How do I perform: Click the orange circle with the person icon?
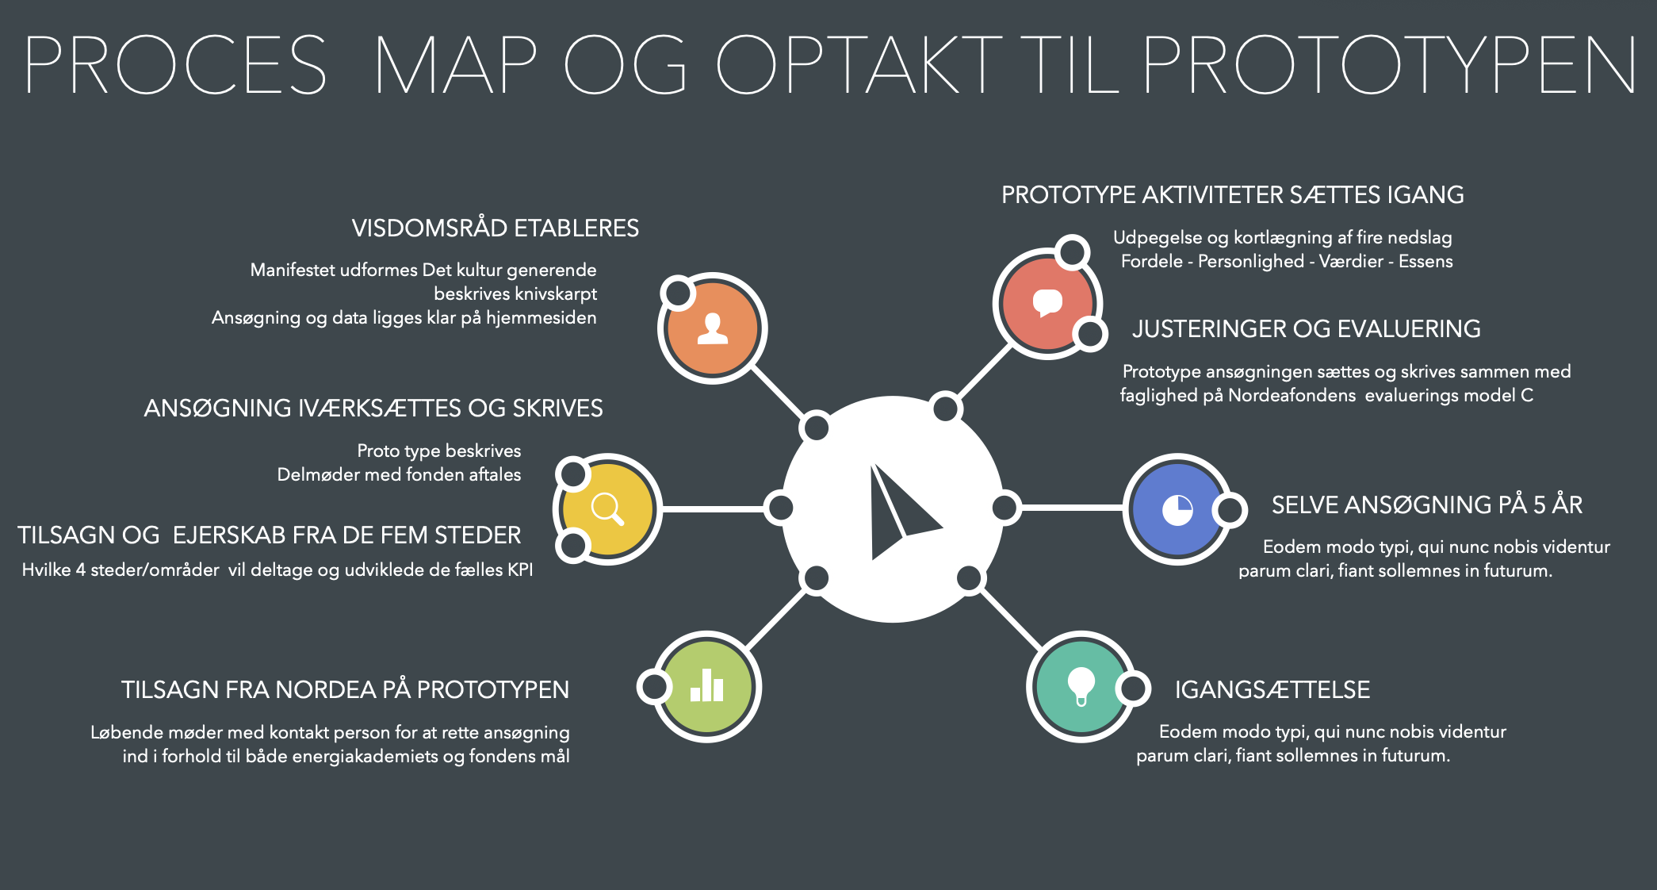712,328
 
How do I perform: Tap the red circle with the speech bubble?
1047,304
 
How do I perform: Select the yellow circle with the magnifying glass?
607,508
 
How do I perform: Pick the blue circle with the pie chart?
1177,509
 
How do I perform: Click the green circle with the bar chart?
706,686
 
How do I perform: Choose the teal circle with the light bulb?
1081,686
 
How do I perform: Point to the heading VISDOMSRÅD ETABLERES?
496,228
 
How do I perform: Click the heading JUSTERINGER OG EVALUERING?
1306,329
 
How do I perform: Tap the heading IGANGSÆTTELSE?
1272,690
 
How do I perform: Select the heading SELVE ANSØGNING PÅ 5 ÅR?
1427,504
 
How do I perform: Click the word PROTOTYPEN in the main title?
1389,64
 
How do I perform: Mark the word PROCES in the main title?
175,64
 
